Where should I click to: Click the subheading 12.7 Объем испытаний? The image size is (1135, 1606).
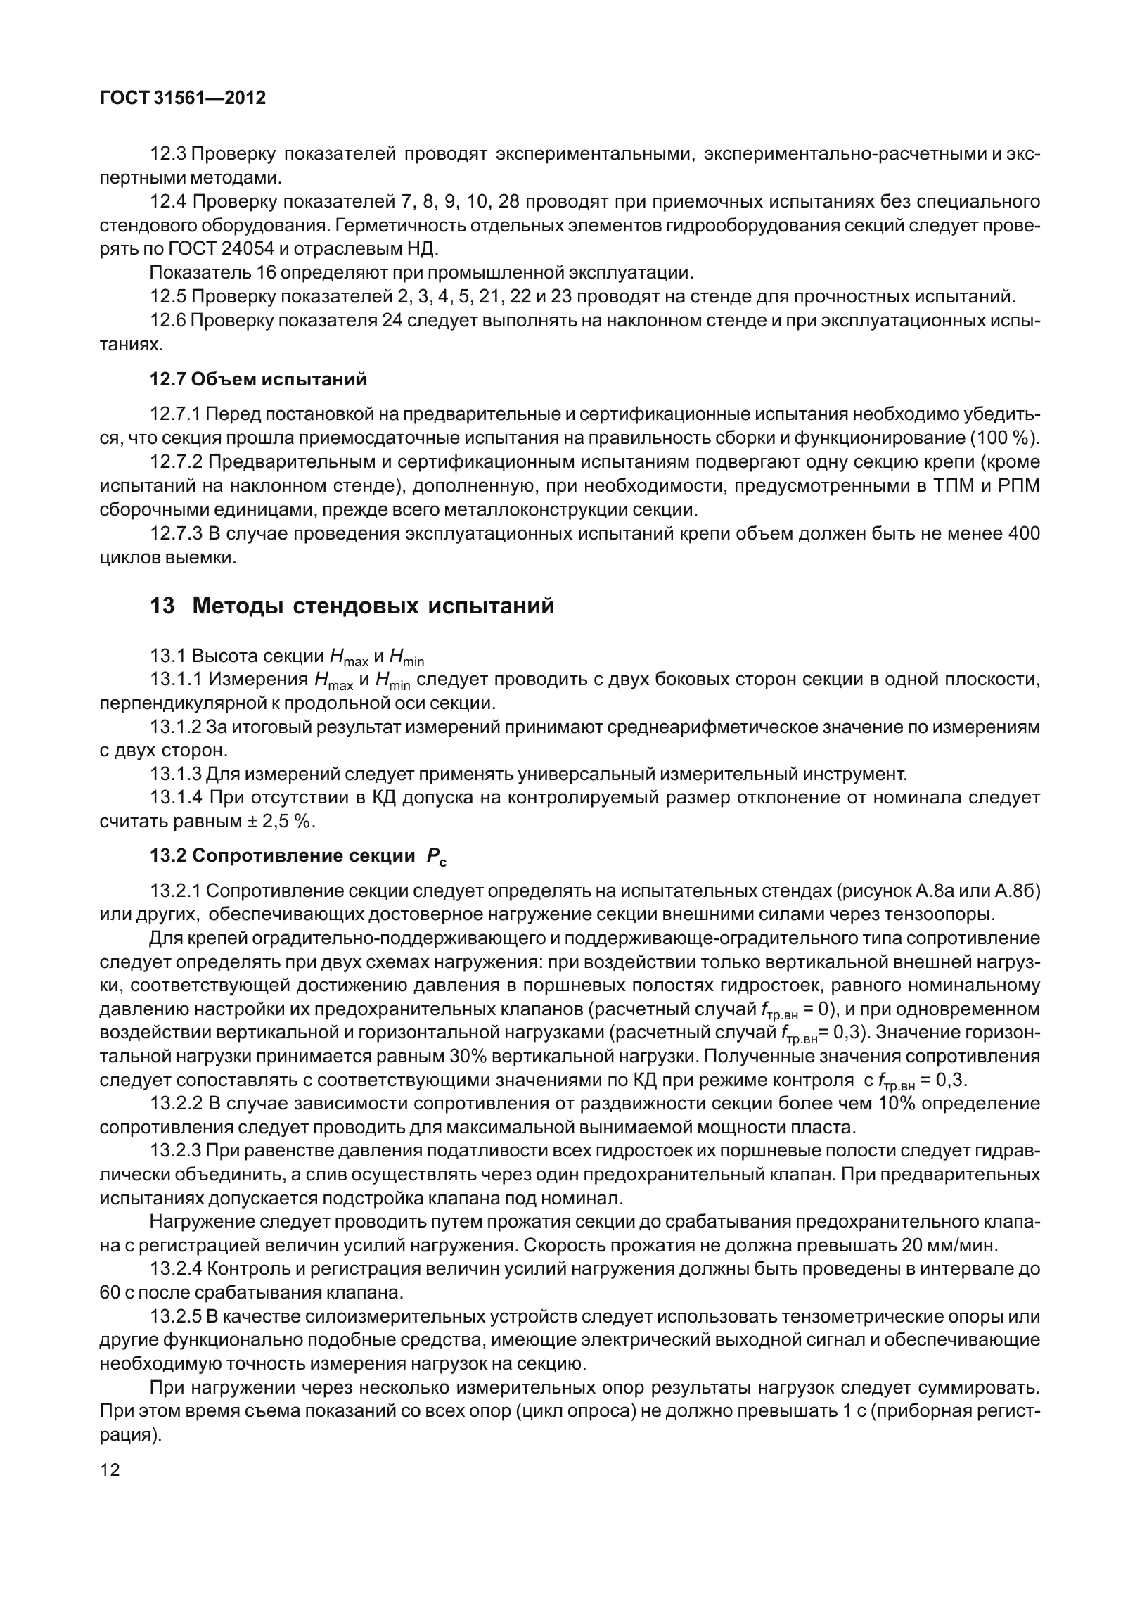258,380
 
